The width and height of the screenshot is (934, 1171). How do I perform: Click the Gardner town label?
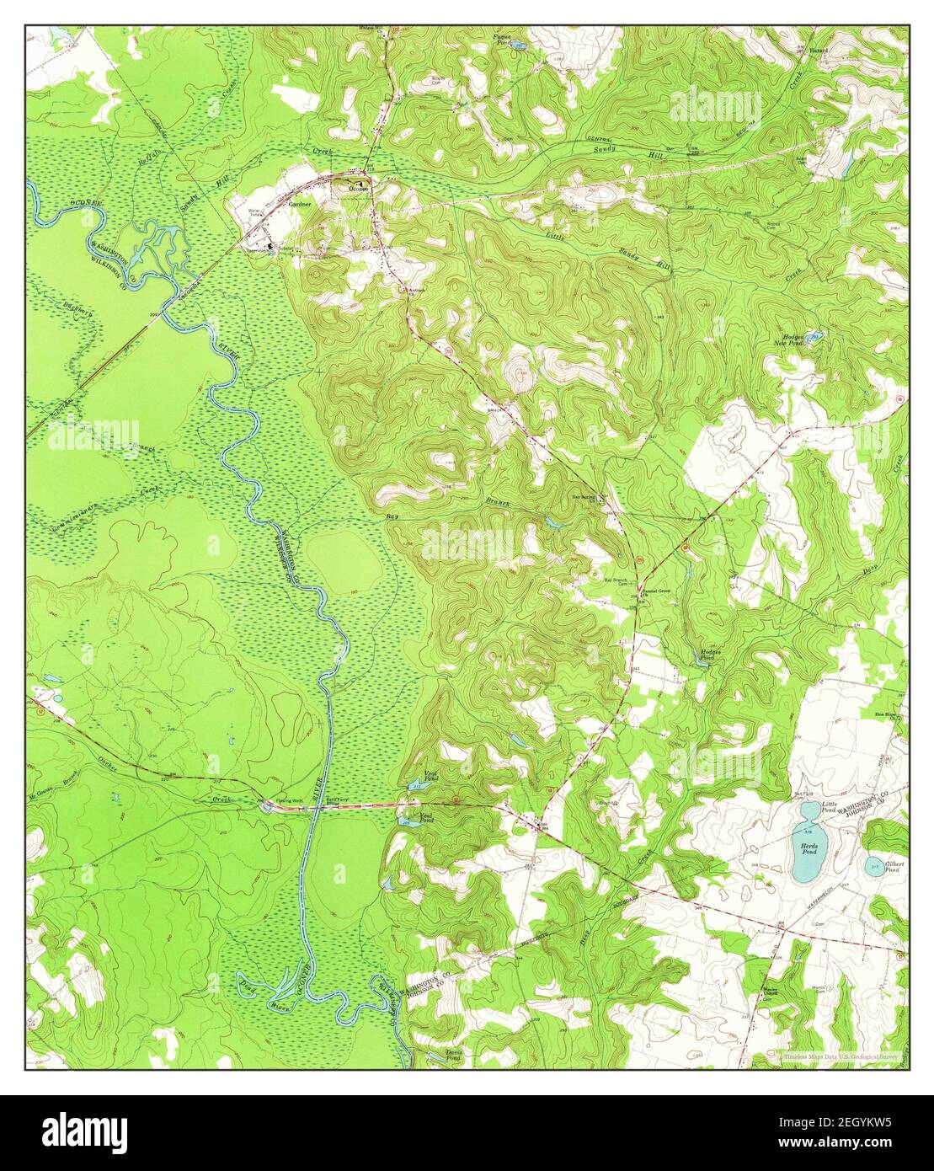tap(300, 204)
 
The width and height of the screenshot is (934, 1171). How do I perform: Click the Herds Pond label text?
tap(809, 849)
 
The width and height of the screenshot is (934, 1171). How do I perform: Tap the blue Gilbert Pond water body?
tap(876, 866)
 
